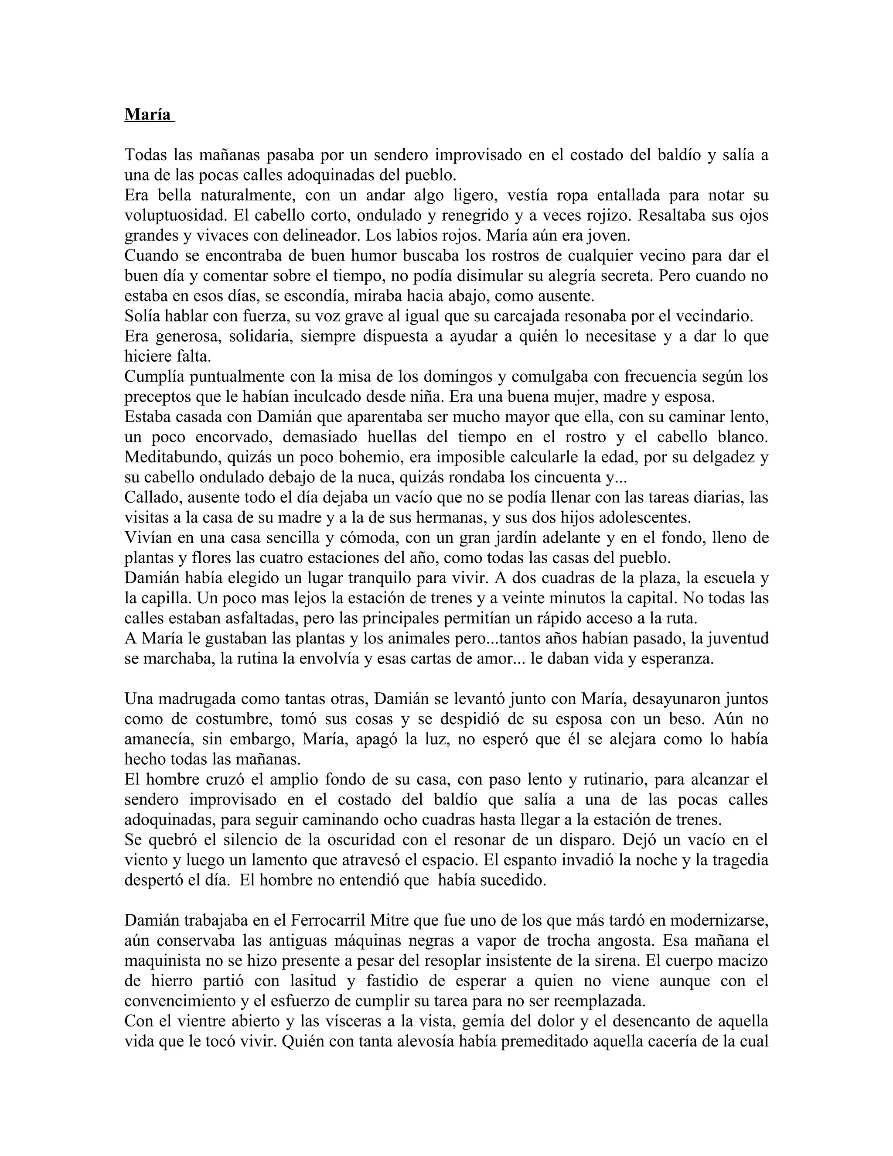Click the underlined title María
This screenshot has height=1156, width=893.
click(148, 115)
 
